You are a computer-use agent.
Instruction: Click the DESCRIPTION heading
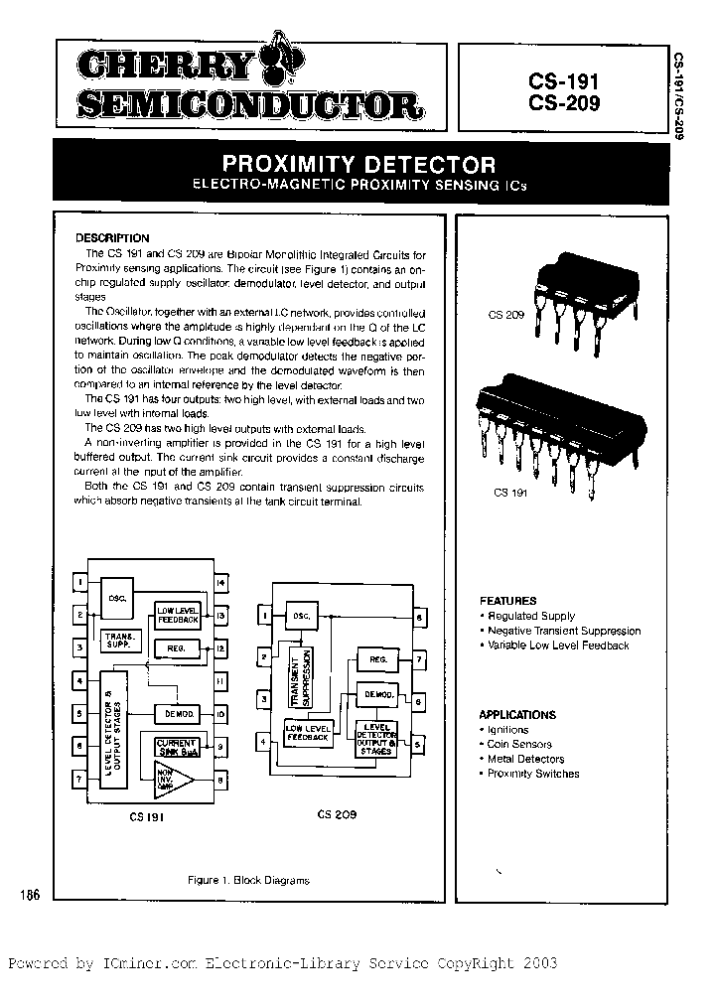coord(112,238)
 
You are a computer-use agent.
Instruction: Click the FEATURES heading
coord(507,601)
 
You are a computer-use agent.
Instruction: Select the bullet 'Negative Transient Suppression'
coord(562,631)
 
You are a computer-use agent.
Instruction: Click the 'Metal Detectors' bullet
coord(525,759)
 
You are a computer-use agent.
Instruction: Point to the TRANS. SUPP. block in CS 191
coord(119,641)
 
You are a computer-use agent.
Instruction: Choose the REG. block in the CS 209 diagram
coord(377,659)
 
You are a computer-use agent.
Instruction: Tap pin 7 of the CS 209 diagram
coord(420,658)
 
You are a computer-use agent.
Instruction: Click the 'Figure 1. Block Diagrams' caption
coord(248,880)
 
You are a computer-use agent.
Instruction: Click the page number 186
coord(29,896)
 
